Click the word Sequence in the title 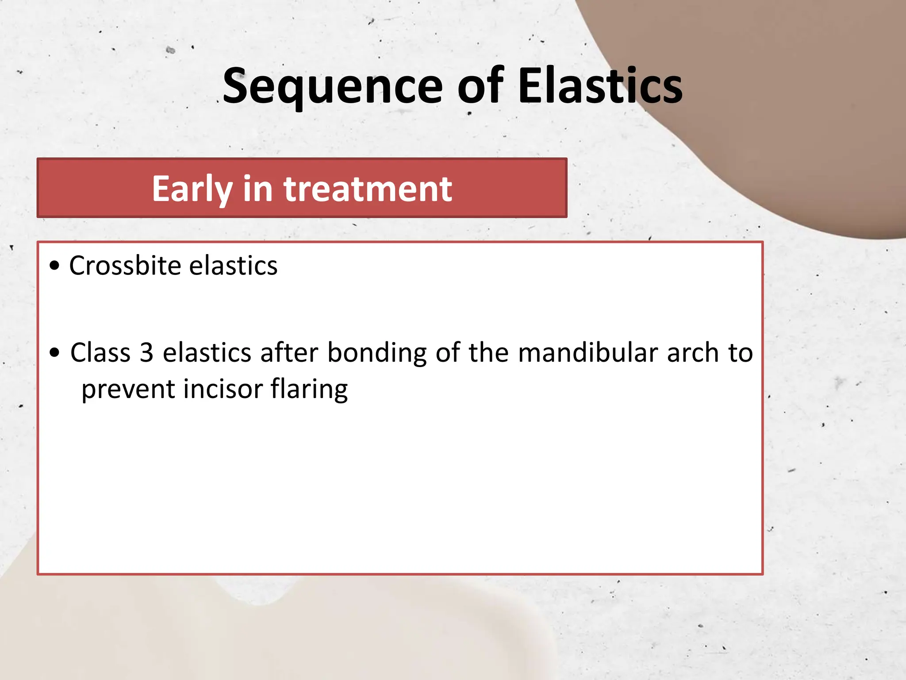click(x=332, y=86)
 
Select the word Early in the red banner click(x=192, y=189)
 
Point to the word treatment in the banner click(x=368, y=189)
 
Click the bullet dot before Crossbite click(x=54, y=266)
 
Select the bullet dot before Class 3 click(x=54, y=353)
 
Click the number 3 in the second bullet click(x=146, y=353)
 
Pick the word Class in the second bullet click(x=100, y=353)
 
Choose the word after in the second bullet click(x=289, y=353)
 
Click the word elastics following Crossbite click(x=233, y=266)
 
